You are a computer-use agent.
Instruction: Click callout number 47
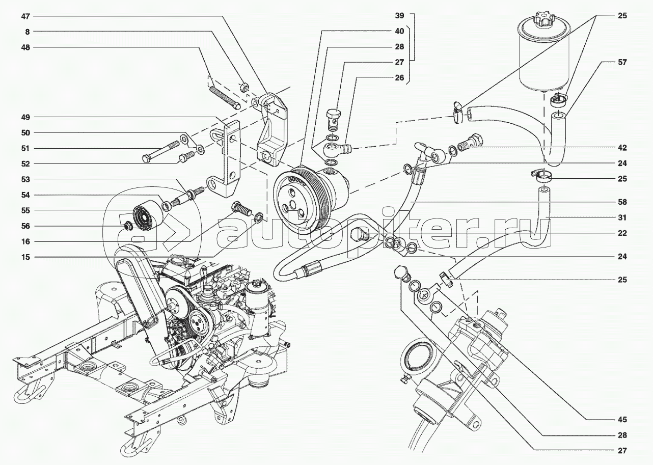(26, 16)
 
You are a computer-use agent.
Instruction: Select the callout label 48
(26, 47)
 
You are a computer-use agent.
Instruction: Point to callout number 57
(623, 62)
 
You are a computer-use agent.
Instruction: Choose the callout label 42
(623, 148)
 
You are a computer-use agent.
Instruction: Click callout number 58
(623, 202)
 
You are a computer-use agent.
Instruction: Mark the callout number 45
(623, 420)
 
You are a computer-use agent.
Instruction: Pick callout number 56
(26, 226)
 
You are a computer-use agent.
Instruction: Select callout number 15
(26, 257)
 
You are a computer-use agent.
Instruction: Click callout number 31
(623, 217)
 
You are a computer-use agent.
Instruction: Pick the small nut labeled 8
(243, 87)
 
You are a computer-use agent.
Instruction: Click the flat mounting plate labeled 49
(227, 158)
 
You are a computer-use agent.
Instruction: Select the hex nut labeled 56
(128, 226)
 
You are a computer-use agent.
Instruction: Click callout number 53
(26, 179)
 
